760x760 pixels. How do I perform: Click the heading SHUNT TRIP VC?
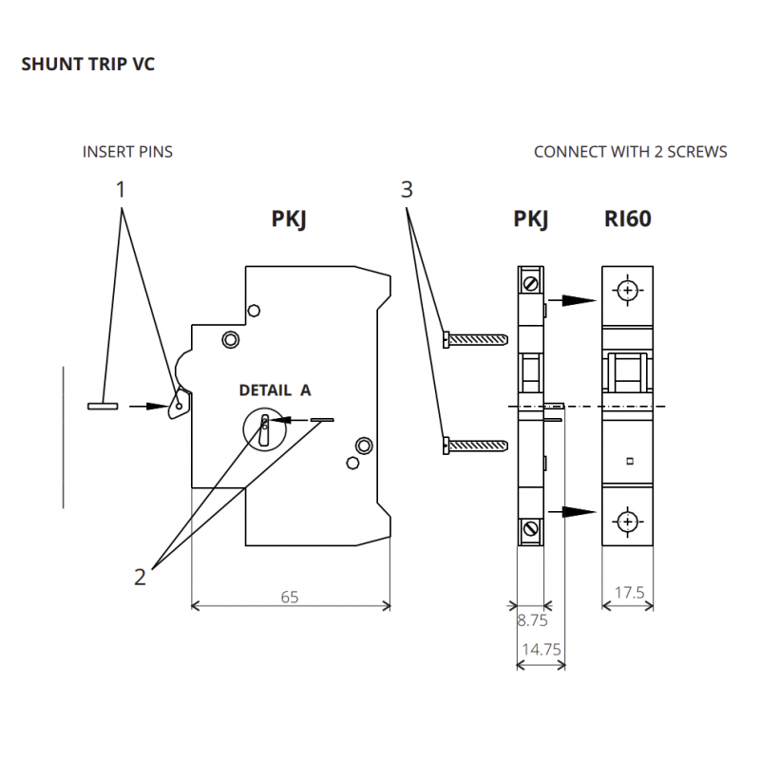pyautogui.click(x=87, y=64)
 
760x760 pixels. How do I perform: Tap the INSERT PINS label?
pyautogui.click(x=127, y=152)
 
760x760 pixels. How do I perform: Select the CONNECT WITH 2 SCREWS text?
pyautogui.click(x=630, y=152)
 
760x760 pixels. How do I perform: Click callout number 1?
pyautogui.click(x=121, y=189)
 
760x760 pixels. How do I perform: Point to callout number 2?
pyautogui.click(x=140, y=578)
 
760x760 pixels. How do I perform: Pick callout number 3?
pyautogui.click(x=407, y=189)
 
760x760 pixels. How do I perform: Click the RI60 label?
pyautogui.click(x=628, y=218)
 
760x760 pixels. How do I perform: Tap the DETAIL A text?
pyautogui.click(x=275, y=390)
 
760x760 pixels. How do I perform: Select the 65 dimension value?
pyautogui.click(x=290, y=598)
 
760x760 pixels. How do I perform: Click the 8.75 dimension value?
pyautogui.click(x=532, y=620)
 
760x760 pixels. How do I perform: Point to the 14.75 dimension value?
pyautogui.click(x=541, y=650)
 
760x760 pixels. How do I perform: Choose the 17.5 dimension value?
pyautogui.click(x=630, y=592)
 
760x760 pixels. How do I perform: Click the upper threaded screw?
pyautogui.click(x=476, y=339)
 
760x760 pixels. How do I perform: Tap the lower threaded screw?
pyautogui.click(x=476, y=446)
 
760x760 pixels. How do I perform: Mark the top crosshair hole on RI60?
pyautogui.click(x=628, y=291)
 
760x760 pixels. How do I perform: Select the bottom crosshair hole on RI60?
pyautogui.click(x=628, y=522)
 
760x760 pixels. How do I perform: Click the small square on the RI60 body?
pyautogui.click(x=630, y=461)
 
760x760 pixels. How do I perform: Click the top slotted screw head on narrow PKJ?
pyautogui.click(x=531, y=283)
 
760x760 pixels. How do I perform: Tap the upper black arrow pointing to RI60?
pyautogui.click(x=572, y=300)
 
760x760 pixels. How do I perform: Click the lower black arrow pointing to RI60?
pyautogui.click(x=572, y=511)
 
